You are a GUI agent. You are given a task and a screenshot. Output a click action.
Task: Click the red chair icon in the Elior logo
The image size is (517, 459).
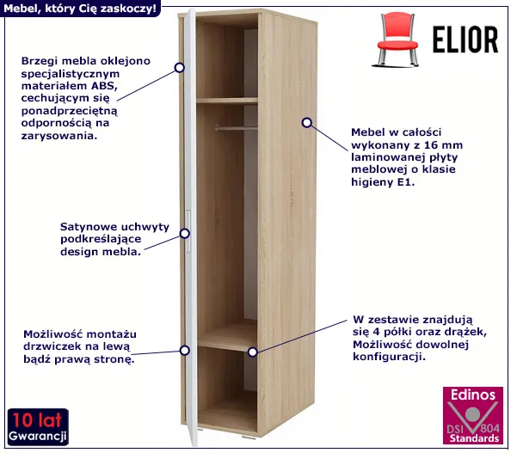coord(396,40)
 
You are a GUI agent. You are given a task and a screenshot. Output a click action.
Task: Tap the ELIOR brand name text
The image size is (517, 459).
coord(465,40)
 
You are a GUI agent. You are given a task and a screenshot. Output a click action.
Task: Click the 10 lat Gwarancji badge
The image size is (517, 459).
coord(38,426)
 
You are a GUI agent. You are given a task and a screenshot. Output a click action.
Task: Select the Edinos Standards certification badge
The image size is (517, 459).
coord(473,415)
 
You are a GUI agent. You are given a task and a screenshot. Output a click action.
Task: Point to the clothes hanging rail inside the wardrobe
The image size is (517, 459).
coord(236,127)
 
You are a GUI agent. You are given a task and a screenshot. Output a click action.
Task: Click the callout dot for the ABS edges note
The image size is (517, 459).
coord(180,68)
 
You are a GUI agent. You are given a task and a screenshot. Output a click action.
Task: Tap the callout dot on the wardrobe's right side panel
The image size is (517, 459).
coord(306,123)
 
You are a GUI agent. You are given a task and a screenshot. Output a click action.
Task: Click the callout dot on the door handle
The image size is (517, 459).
coord(185,233)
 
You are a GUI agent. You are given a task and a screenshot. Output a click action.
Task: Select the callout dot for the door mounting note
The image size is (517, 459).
coord(185,350)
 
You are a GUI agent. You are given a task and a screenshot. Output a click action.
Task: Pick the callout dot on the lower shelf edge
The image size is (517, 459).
coord(253,352)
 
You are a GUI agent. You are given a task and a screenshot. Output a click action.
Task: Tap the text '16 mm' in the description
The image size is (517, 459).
coord(443,145)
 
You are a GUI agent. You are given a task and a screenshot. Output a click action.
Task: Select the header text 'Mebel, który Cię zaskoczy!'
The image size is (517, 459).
coord(80,9)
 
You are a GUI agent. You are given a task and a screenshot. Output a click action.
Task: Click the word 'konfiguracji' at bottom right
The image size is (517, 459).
coord(389,357)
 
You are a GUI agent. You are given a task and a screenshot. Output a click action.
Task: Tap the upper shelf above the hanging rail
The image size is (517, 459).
coord(227,101)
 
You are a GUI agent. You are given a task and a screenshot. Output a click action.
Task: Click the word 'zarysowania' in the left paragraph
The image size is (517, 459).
coord(59,136)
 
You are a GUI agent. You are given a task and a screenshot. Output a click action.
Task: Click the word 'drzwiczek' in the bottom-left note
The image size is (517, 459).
coord(47,346)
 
